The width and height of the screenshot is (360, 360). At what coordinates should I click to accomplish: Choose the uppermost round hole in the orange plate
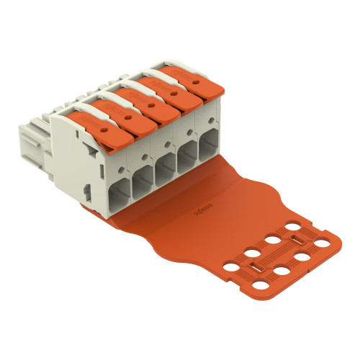(294, 227)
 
